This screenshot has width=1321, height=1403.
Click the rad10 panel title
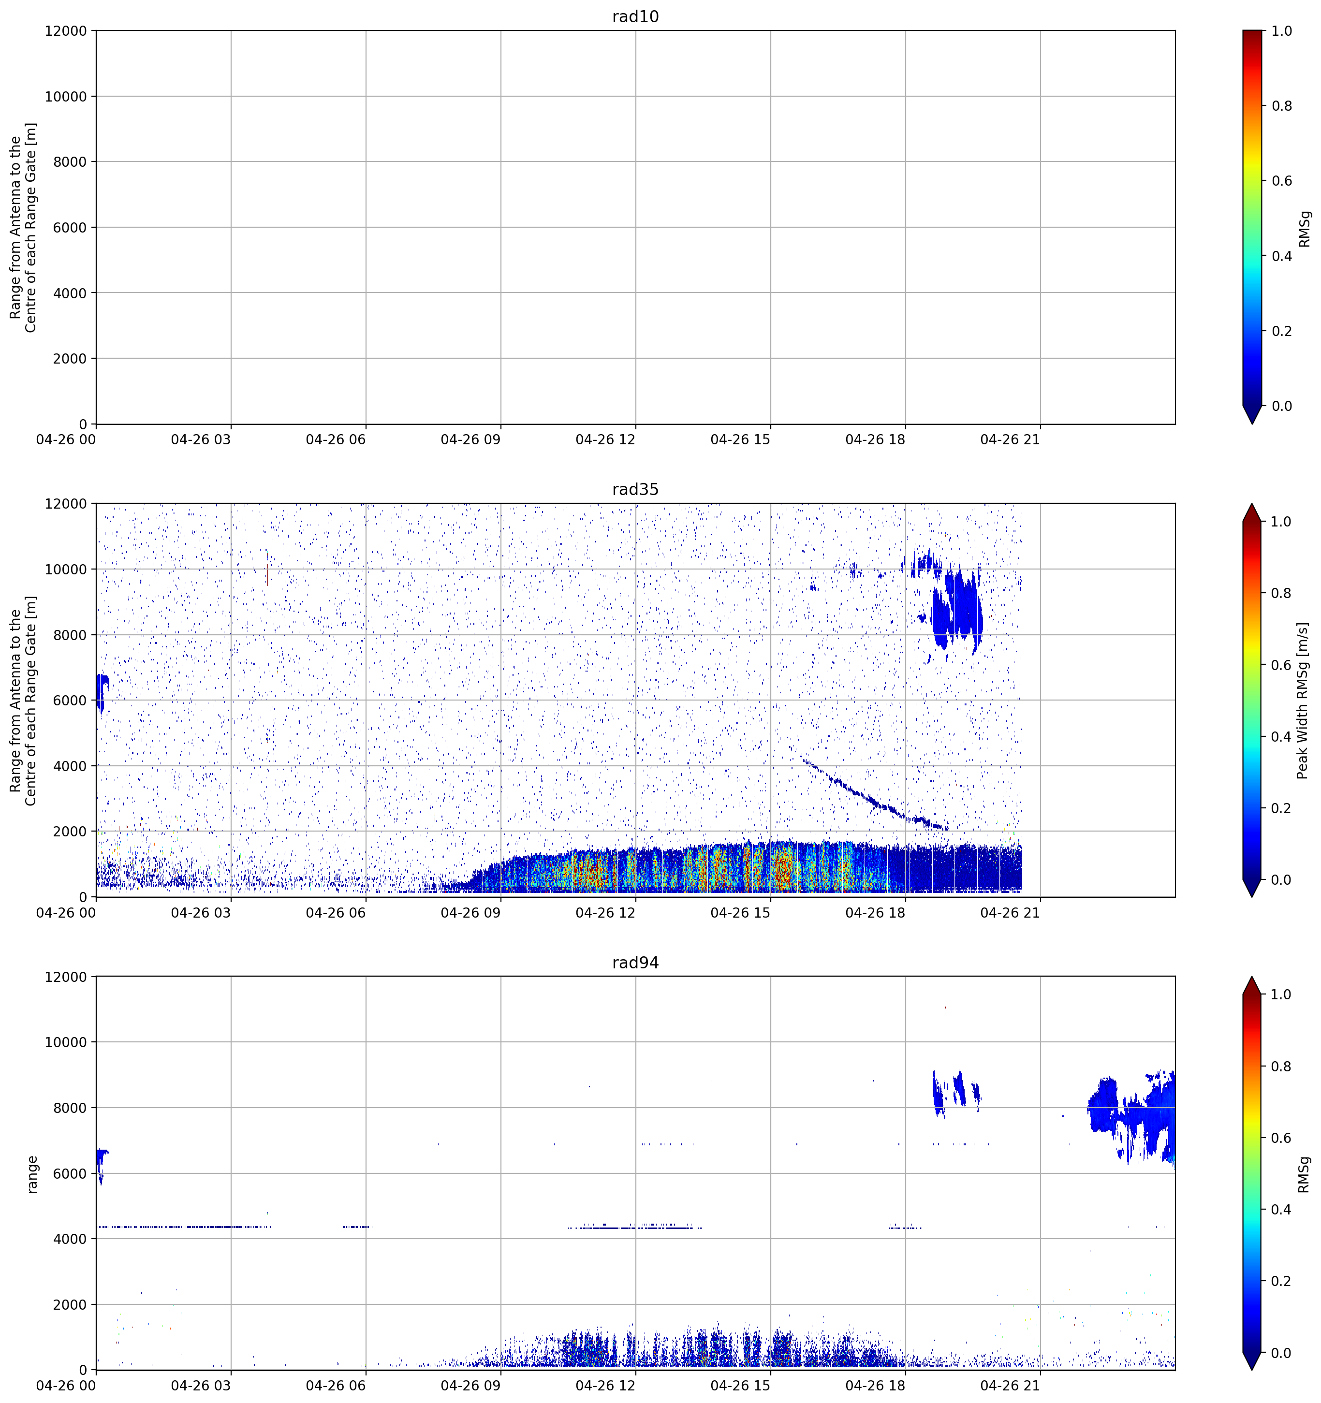[x=635, y=16]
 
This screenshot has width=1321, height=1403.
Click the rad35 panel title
[x=635, y=490]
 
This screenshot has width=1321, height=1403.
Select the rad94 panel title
[x=635, y=963]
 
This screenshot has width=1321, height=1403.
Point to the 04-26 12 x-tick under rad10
[x=605, y=439]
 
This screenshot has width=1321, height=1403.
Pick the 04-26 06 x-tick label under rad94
[x=336, y=1386]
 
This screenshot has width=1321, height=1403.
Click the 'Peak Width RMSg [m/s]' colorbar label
[x=1303, y=700]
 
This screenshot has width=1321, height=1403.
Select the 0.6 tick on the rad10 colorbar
[x=1281, y=181]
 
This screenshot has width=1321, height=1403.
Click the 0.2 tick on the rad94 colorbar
[x=1281, y=1281]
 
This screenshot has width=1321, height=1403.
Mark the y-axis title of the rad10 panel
[x=23, y=227]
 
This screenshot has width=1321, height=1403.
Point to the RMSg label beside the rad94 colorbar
[x=1304, y=1174]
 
